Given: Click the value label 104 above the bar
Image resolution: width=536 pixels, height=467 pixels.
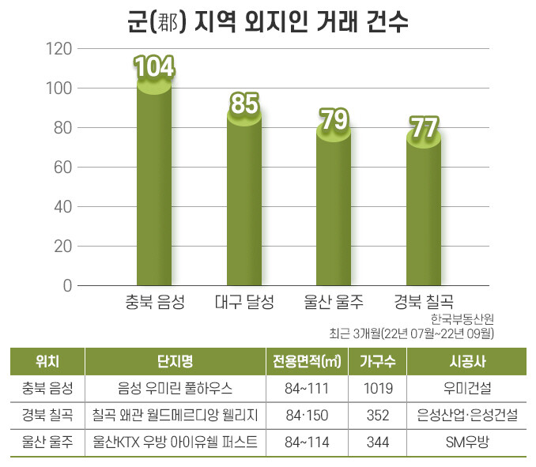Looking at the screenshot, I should pos(154,69).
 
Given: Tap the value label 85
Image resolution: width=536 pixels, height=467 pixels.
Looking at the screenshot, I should pos(245,104).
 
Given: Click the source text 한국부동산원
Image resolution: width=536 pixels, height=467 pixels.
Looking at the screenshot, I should pos(462,319).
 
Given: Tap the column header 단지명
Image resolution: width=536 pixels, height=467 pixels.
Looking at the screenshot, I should pos(176,362).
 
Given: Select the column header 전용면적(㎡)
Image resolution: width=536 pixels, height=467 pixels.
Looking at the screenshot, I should pos(308,362).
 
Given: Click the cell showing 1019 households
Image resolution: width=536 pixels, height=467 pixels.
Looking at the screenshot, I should pos(378,388).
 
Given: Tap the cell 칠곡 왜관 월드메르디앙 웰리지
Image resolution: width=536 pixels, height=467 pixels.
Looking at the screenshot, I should pos(176,415).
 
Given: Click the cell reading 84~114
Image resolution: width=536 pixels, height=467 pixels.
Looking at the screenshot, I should pos(308,442).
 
